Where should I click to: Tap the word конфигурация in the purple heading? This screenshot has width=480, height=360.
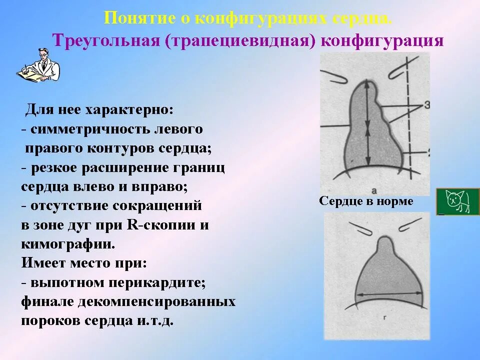pos(382,40)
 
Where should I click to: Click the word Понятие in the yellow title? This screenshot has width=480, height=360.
pos(132,18)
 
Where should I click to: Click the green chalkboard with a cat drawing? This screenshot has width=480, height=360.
pos(457,201)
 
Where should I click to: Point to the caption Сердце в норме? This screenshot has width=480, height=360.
pos(366,201)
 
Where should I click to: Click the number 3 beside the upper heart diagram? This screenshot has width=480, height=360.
pos(426,104)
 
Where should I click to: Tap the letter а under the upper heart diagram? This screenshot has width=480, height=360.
pos(374,190)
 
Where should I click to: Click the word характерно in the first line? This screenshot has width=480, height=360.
pos(129,109)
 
